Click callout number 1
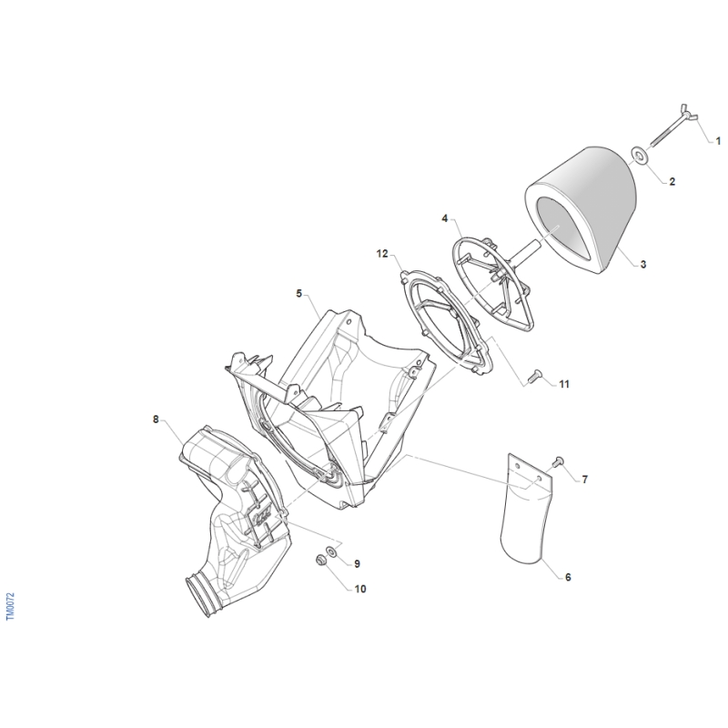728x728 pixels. pyautogui.click(x=718, y=140)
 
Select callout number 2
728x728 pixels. pyautogui.click(x=672, y=181)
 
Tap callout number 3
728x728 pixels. pyautogui.click(x=643, y=264)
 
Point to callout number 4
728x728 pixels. pyautogui.click(x=444, y=218)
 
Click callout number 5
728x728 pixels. pyautogui.click(x=299, y=293)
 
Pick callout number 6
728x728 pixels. pyautogui.click(x=568, y=577)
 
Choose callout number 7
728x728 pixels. pyautogui.click(x=584, y=480)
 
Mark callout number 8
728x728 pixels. pyautogui.click(x=156, y=420)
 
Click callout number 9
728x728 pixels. pyautogui.click(x=357, y=563)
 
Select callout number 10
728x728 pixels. pyautogui.click(x=360, y=589)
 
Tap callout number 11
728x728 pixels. pyautogui.click(x=563, y=384)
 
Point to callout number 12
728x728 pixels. pyautogui.click(x=382, y=254)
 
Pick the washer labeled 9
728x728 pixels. pyautogui.click(x=332, y=551)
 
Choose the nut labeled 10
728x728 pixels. pyautogui.click(x=320, y=561)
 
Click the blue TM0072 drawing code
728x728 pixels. pyautogui.click(x=10, y=606)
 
